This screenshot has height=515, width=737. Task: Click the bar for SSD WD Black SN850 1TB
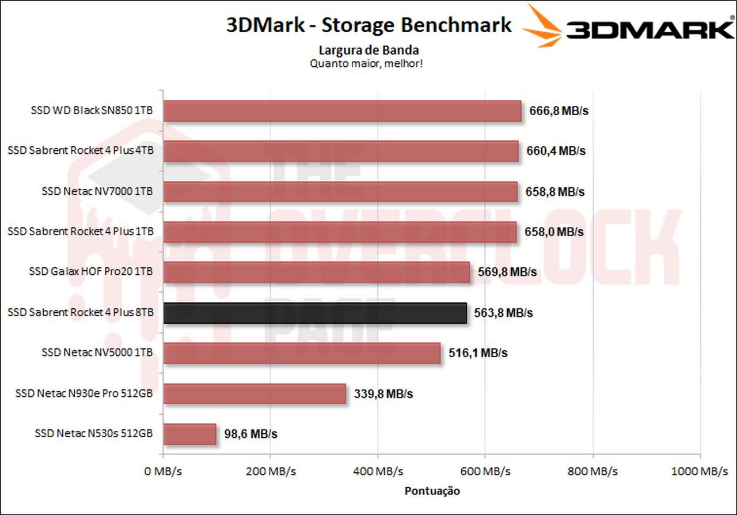342,111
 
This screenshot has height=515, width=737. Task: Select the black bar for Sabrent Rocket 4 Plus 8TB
315,313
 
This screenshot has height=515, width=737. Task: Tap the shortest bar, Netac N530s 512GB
189,434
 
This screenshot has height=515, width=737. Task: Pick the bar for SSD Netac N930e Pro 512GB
254,394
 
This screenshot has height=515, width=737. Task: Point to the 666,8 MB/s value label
559,111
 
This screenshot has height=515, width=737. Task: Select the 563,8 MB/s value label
503,313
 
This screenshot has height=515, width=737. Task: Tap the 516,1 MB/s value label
477,353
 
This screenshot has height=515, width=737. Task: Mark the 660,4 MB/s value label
556,152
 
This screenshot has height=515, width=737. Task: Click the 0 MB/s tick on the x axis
163,471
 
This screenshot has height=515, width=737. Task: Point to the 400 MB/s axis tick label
378,471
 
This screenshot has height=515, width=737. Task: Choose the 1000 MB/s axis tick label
700,471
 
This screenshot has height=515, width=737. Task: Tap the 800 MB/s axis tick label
592,471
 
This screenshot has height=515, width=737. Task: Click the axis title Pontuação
432,491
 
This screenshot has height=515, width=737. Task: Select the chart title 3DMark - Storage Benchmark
368,25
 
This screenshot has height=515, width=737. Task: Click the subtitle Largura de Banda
368,50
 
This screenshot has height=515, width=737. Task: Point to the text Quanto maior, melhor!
366,63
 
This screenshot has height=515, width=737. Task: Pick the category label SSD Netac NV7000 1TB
97,191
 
